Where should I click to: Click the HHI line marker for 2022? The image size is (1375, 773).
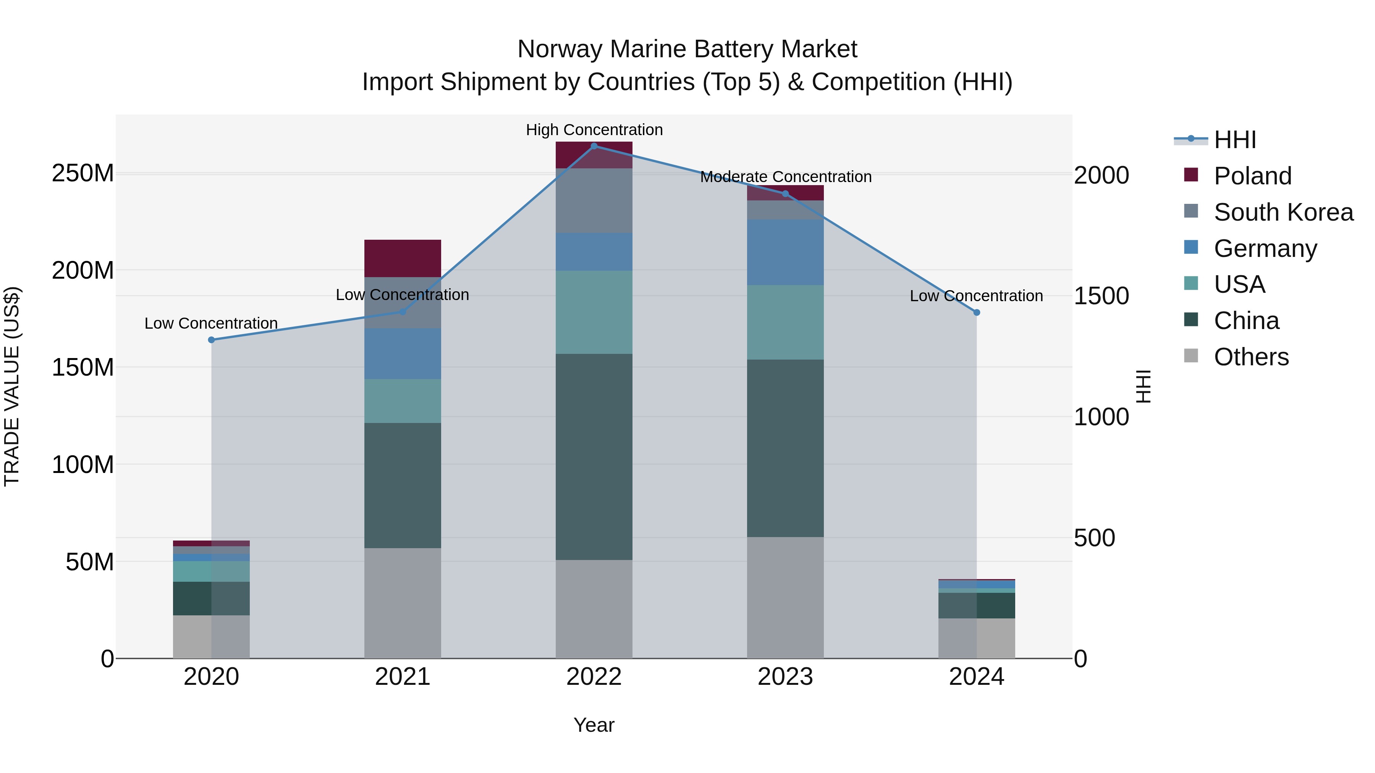pos(594,146)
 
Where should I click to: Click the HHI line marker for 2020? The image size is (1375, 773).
pos(211,340)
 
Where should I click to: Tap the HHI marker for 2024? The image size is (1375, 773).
pos(977,313)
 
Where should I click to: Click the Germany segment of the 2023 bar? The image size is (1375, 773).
pos(785,252)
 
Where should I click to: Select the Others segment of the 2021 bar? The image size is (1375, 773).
pos(403,603)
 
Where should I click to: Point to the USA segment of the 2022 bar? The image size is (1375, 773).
pos(594,312)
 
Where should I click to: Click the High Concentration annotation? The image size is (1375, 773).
pos(594,130)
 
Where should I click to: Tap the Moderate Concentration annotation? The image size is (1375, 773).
pos(786,177)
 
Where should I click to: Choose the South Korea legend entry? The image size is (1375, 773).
pos(1283,212)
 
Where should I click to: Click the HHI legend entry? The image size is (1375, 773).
pos(1234,140)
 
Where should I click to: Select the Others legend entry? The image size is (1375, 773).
pos(1250,357)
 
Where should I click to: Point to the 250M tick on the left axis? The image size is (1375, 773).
pos(83,173)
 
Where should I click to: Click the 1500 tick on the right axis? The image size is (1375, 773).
pos(1101,296)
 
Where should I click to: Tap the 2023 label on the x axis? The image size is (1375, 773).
pos(785,677)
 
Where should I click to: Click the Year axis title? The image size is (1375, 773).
pos(594,725)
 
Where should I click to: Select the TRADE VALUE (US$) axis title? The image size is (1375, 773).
pos(12,386)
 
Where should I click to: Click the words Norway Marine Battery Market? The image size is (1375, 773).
pos(687,49)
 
